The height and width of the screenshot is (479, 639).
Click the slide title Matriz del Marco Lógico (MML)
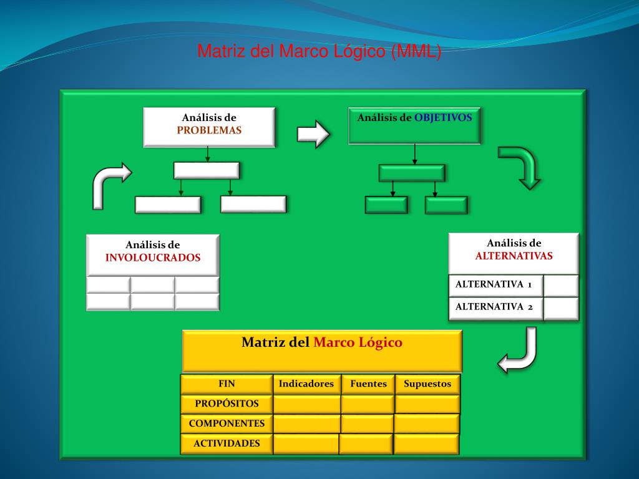pyautogui.click(x=319, y=51)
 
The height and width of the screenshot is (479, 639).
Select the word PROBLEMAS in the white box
pyautogui.click(x=209, y=130)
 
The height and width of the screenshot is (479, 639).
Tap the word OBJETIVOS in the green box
pyautogui.click(x=443, y=117)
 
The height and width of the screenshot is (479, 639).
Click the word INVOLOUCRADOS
pyautogui.click(x=153, y=258)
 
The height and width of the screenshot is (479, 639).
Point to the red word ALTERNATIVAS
pyautogui.click(x=514, y=256)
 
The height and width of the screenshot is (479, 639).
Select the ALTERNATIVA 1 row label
pyautogui.click(x=494, y=284)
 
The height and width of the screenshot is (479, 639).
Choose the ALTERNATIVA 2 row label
pyautogui.click(x=494, y=306)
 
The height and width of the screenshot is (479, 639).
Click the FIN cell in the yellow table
pyautogui.click(x=227, y=384)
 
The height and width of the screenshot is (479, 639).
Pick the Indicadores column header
pyautogui.click(x=306, y=384)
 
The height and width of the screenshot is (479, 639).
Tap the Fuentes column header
pyautogui.click(x=368, y=384)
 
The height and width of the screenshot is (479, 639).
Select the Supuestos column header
pyautogui.click(x=427, y=384)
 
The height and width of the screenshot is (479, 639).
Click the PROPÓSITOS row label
pyautogui.click(x=227, y=404)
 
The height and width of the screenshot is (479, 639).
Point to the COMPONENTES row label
pyautogui.click(x=227, y=423)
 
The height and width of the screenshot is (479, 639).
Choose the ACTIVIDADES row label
pyautogui.click(x=227, y=443)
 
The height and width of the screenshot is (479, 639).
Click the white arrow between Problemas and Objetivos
pyautogui.click(x=313, y=133)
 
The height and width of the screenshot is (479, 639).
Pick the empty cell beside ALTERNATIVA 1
pyautogui.click(x=561, y=285)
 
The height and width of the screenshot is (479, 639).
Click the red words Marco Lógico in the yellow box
pyautogui.click(x=358, y=342)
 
